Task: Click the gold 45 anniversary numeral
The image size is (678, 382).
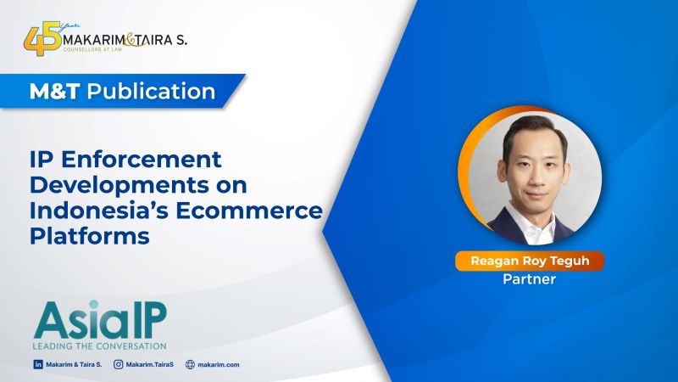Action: [42, 40]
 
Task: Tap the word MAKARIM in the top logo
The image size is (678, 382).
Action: [94, 40]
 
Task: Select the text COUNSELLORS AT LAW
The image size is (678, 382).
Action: [93, 49]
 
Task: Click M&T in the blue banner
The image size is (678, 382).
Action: [54, 92]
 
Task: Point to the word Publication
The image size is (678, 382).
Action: [152, 92]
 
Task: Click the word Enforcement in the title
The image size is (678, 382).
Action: [142, 160]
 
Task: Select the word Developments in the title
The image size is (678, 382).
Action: [119, 185]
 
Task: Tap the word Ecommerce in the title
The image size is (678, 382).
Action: [249, 211]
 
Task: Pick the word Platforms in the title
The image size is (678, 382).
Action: [90, 236]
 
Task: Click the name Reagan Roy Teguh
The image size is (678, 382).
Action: [530, 261]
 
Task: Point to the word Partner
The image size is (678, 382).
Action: [529, 279]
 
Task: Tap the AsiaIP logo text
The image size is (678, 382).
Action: [100, 320]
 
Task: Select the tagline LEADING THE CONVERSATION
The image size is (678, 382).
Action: [99, 346]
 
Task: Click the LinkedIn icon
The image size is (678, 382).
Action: [38, 364]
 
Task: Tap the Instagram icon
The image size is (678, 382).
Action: [118, 364]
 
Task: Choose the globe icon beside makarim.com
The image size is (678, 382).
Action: [190, 364]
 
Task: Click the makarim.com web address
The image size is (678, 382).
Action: [219, 365]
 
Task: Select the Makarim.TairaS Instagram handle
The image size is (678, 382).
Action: [150, 365]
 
